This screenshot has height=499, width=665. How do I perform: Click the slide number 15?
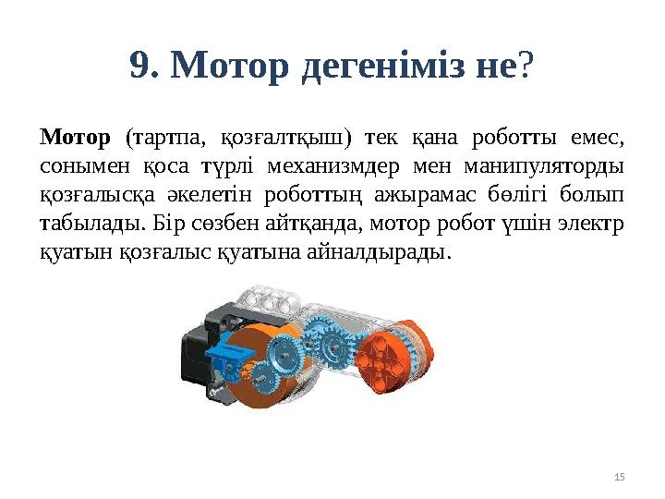pos(619,476)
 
